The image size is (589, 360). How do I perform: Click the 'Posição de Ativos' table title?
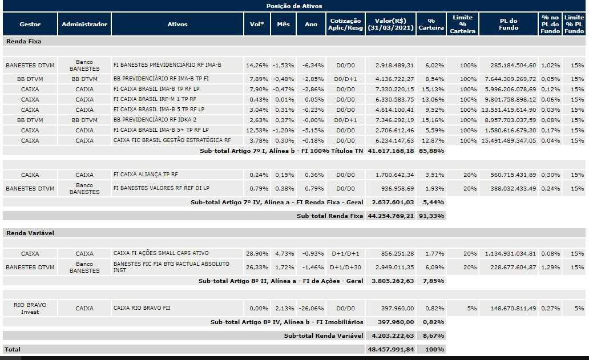(294, 6)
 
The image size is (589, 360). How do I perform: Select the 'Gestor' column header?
(30, 25)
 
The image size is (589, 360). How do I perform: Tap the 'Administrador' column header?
(84, 25)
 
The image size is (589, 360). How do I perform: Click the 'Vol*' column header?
(257, 25)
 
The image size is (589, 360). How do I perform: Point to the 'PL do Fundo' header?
(508, 25)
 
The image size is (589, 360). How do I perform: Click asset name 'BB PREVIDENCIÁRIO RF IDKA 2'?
(155, 120)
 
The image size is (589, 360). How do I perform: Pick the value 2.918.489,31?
(394, 66)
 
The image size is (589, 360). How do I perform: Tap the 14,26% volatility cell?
(257, 66)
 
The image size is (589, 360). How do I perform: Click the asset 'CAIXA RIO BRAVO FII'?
(142, 308)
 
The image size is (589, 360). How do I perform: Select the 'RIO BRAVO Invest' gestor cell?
(30, 308)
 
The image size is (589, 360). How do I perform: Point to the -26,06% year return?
(311, 308)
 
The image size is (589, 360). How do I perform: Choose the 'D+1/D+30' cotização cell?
(346, 267)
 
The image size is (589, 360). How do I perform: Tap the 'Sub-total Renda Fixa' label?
(329, 216)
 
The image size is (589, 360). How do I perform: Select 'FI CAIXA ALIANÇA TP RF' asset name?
(146, 175)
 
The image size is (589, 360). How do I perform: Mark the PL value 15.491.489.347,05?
(508, 140)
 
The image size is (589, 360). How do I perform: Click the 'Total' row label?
(12, 349)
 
